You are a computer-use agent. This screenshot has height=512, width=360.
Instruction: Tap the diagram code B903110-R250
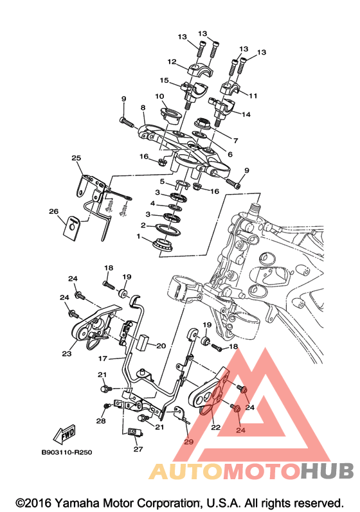67,452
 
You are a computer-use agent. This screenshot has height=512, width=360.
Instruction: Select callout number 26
53,211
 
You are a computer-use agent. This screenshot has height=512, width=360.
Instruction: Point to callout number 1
138,236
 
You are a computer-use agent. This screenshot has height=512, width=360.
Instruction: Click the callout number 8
143,107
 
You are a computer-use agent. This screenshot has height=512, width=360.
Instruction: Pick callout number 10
159,96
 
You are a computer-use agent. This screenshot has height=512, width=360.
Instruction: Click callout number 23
67,353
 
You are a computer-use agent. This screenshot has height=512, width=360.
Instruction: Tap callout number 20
161,346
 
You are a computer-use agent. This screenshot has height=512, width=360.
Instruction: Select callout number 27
138,449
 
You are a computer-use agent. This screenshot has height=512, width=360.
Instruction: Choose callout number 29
188,441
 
